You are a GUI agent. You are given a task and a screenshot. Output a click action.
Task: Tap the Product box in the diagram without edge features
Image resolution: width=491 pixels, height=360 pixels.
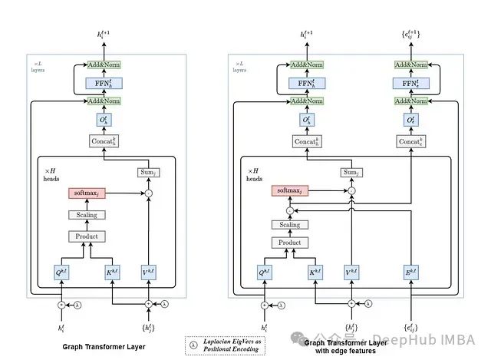(x=86, y=236)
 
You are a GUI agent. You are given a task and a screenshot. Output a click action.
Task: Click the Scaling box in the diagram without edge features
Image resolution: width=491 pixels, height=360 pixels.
(x=86, y=216)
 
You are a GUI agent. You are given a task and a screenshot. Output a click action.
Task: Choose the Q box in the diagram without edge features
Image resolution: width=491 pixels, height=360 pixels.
(x=62, y=272)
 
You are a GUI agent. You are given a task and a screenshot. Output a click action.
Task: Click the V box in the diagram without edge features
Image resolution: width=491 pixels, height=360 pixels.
(x=148, y=272)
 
